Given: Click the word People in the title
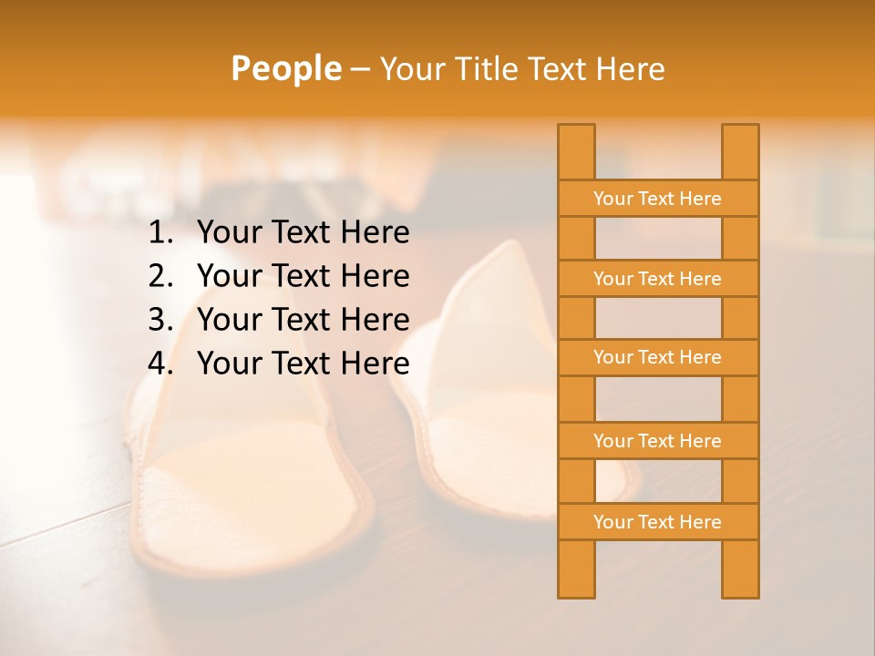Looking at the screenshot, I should tap(285, 68).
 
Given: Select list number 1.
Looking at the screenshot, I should tap(160, 233).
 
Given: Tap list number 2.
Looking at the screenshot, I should tap(160, 276).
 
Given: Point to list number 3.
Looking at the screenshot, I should tap(160, 320).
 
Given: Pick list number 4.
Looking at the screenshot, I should tap(160, 364).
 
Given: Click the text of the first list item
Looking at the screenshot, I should tap(303, 233).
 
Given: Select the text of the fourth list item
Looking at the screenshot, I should tap(303, 364).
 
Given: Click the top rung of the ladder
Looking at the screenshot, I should tap(657, 199).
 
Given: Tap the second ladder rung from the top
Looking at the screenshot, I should tap(657, 279).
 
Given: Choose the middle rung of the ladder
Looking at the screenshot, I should tap(657, 357).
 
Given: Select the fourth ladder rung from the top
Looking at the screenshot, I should tap(657, 441).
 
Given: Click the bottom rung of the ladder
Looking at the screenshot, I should tap(657, 522).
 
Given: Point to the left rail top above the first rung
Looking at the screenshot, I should tap(576, 151).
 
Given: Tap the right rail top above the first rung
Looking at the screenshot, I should tap(740, 151).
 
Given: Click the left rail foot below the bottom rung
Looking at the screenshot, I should tap(576, 569).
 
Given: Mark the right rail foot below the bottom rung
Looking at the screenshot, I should tap(740, 569).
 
